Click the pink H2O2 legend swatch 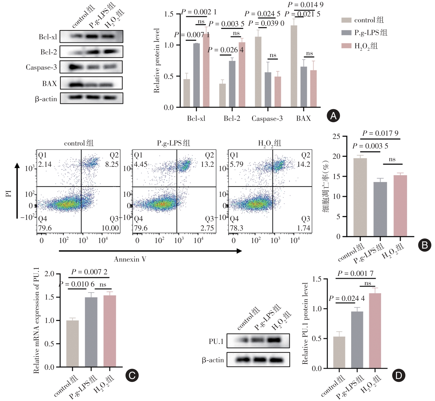(346, 46)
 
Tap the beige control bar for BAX (294, 66)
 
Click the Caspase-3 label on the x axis (267, 118)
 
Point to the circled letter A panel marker (333, 116)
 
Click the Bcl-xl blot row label (48, 37)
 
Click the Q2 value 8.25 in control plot (112, 164)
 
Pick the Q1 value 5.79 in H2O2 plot (237, 164)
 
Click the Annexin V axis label (130, 259)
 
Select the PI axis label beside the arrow (8, 193)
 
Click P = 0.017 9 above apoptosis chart (380, 133)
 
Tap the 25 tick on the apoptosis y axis (336, 136)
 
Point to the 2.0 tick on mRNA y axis (49, 274)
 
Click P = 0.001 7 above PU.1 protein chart (355, 274)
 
